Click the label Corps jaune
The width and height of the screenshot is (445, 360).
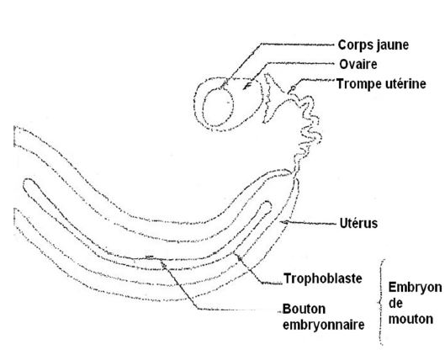(373, 45)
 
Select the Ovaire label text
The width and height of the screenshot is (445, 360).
(358, 65)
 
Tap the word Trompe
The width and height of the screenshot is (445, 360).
(358, 85)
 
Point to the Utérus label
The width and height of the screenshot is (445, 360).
(358, 223)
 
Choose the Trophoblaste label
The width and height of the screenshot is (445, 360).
(323, 278)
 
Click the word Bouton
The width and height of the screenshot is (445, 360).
(304, 309)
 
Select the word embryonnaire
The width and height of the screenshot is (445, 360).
(324, 325)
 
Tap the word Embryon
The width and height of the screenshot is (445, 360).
(415, 288)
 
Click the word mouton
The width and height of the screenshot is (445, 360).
(411, 319)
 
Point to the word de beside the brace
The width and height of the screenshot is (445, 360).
(395, 304)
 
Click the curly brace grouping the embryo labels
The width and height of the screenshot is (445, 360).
(380, 303)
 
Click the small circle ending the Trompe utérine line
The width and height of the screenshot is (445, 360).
(293, 89)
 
